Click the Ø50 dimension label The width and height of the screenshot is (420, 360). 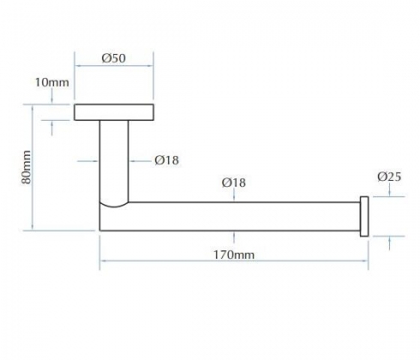pyautogui.click(x=113, y=58)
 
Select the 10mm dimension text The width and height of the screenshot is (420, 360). pyautogui.click(x=52, y=82)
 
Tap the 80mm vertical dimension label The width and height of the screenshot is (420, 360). pyautogui.click(x=27, y=167)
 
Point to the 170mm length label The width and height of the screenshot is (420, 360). pyautogui.click(x=234, y=255)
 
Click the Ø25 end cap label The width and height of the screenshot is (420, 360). pyautogui.click(x=389, y=177)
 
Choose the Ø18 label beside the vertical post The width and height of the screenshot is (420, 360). pyautogui.click(x=167, y=160)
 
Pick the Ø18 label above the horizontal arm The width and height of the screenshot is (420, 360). pyautogui.click(x=234, y=183)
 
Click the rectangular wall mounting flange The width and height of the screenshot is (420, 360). pyautogui.click(x=114, y=112)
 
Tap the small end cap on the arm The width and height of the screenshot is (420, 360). pyautogui.click(x=364, y=216)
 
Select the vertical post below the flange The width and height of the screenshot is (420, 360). pyautogui.click(x=114, y=161)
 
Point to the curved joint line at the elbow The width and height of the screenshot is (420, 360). pyautogui.click(x=114, y=205)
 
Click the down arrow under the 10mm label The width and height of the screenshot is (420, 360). pyautogui.click(x=51, y=96)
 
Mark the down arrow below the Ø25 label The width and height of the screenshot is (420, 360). pyautogui.click(x=390, y=190)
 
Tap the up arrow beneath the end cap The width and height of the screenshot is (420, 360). pyautogui.click(x=390, y=243)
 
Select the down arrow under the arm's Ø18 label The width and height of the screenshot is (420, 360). pyautogui.click(x=234, y=195)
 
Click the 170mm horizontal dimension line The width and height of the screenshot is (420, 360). pyautogui.click(x=234, y=261)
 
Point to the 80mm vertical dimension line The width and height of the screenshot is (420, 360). pyautogui.click(x=33, y=167)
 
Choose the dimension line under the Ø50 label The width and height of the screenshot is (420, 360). pyautogui.click(x=114, y=66)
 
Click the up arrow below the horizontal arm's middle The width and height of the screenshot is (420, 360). pyautogui.click(x=234, y=237)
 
